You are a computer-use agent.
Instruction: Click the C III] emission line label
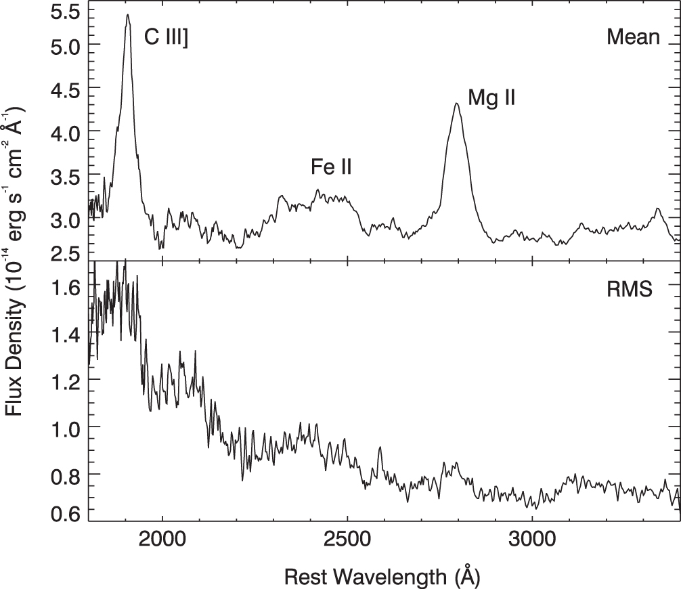point(166,37)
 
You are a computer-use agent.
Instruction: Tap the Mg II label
point(491,97)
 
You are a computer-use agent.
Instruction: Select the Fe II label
point(331,167)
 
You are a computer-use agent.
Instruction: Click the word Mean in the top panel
point(633,37)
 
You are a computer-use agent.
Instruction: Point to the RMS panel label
point(630,289)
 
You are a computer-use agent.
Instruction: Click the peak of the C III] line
point(128,15)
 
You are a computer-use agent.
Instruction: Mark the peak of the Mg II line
point(456,104)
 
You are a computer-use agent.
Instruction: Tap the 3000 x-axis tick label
point(531,540)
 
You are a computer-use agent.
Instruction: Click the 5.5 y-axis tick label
point(66,12)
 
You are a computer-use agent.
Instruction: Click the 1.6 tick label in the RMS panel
point(66,287)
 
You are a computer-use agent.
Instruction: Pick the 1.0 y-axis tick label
point(66,430)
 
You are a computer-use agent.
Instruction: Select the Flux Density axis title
point(14,261)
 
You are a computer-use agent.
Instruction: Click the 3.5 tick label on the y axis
point(66,177)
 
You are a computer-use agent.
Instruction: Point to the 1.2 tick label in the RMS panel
point(66,382)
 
